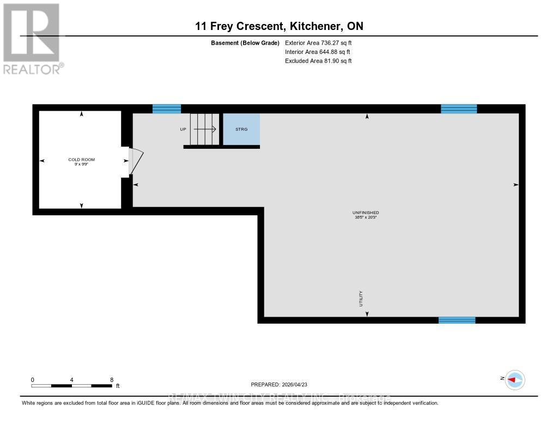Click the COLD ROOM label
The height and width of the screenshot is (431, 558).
(81, 160)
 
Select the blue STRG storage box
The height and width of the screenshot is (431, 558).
(241, 130)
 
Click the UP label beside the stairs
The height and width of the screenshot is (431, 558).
(183, 130)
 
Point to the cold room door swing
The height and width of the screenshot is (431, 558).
(136, 161)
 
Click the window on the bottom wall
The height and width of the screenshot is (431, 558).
(457, 320)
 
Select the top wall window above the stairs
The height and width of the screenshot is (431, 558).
(166, 109)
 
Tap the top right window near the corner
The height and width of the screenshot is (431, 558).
(458, 109)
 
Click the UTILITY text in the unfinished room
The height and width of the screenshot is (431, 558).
(361, 299)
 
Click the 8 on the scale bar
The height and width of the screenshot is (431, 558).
(112, 380)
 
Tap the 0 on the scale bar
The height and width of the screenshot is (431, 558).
(33, 380)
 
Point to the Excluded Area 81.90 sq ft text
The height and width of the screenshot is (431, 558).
(318, 61)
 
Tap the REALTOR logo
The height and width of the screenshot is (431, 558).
(32, 38)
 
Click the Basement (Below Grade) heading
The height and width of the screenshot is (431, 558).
(245, 43)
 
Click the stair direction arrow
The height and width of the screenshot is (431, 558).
(205, 130)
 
